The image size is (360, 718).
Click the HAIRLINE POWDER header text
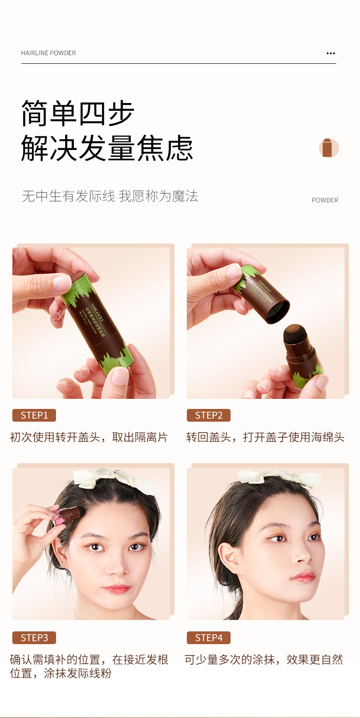pyautogui.click(x=48, y=53)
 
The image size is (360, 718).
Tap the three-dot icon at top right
pyautogui.click(x=331, y=53)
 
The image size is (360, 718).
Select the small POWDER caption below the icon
pyautogui.click(x=324, y=200)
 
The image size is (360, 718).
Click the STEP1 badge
pyautogui.click(x=34, y=415)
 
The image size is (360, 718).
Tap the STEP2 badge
pyautogui.click(x=209, y=415)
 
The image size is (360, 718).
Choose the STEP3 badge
pyautogui.click(x=34, y=638)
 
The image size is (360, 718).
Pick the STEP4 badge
pyautogui.click(x=209, y=638)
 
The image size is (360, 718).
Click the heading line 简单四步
pyautogui.click(x=77, y=113)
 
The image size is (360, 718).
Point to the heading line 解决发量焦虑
pyautogui.click(x=107, y=148)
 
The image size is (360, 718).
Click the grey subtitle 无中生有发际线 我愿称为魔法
pyautogui.click(x=110, y=196)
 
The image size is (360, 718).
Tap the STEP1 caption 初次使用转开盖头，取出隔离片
pyautogui.click(x=89, y=437)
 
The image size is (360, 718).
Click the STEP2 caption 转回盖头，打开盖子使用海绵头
pyautogui.click(x=265, y=437)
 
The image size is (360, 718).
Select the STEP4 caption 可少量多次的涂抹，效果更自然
pyautogui.click(x=264, y=660)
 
